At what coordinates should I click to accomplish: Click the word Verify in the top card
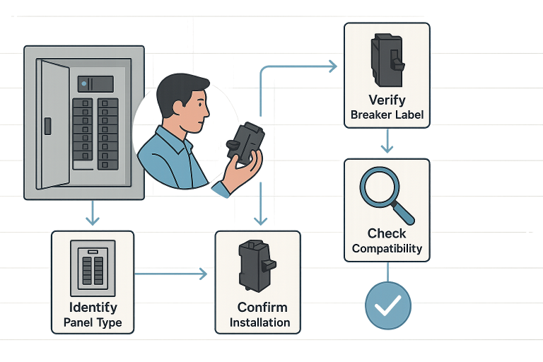pos(387,100)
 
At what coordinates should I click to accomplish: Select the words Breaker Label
pos(387,115)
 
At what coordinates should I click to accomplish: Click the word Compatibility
pos(387,249)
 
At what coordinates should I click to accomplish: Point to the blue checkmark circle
pos(387,305)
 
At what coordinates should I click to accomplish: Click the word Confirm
pos(262,307)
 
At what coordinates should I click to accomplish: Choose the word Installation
pos(259,322)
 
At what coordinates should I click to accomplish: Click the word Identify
pos(93,308)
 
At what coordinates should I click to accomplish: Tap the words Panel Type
pos(93,322)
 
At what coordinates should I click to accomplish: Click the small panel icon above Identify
pos(93,268)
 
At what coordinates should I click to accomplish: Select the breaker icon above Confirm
pos(255,266)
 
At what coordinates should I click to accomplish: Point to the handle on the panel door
pos(47,126)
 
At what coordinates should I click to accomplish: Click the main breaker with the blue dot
pos(95,83)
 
